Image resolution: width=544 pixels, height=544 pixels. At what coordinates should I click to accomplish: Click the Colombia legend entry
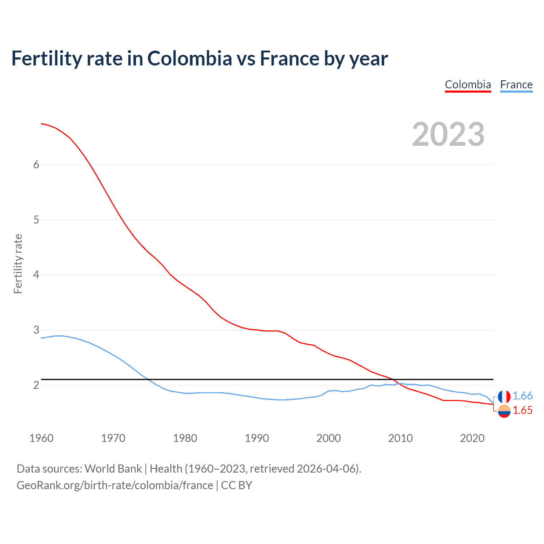tap(468, 85)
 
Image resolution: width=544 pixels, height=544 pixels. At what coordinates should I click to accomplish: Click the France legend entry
tap(516, 85)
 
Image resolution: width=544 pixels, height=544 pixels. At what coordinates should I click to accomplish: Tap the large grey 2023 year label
tap(448, 134)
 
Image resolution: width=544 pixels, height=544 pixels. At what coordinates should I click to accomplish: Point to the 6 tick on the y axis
tap(36, 165)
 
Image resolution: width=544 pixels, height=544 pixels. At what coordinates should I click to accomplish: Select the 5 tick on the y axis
tap(36, 220)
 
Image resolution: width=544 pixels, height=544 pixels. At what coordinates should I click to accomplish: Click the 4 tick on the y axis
tap(36, 275)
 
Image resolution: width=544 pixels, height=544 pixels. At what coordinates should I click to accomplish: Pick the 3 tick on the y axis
tap(36, 330)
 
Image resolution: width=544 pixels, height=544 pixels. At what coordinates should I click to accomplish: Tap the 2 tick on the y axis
tap(36, 385)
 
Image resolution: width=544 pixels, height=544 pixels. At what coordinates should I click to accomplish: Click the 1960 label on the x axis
tap(41, 438)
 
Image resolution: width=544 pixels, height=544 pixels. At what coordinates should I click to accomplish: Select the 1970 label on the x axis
tap(113, 438)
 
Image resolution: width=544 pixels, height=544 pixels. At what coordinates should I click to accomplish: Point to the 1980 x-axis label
tap(185, 438)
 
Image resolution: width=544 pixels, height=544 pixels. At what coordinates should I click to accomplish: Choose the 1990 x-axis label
tap(257, 438)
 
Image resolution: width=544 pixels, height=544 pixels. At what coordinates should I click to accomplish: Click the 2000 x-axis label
tap(329, 438)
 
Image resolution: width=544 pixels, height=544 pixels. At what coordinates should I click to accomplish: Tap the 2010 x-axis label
tap(400, 438)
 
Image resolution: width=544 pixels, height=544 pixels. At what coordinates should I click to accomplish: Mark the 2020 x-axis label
tap(472, 438)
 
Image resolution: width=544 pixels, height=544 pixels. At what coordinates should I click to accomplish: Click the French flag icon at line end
tap(504, 397)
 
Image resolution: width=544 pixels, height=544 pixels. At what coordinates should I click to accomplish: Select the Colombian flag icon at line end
tap(504, 411)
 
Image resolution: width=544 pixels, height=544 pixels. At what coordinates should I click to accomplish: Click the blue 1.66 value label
tap(522, 396)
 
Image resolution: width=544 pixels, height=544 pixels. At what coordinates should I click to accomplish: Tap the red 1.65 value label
tap(522, 411)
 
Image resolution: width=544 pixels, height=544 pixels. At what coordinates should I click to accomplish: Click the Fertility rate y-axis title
tap(18, 263)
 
